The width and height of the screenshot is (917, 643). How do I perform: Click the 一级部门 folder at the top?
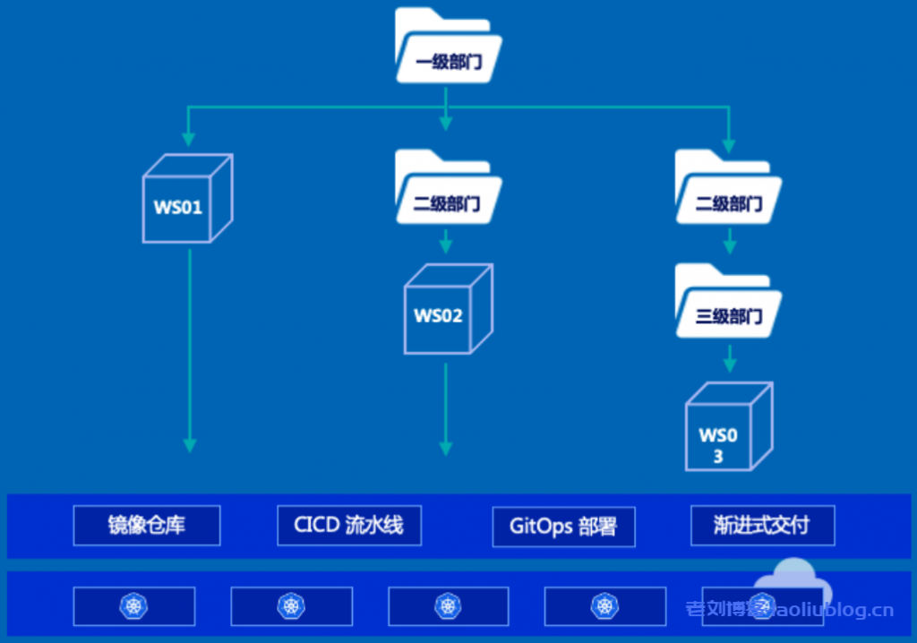coord(449,48)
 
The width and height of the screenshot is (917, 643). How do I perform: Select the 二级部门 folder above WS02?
coord(447,190)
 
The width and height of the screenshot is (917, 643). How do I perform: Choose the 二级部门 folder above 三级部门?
coord(728,190)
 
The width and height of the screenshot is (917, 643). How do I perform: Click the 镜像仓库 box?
coord(147,526)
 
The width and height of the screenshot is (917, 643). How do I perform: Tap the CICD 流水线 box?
coord(348,526)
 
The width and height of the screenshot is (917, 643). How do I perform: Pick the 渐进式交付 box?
coord(762,526)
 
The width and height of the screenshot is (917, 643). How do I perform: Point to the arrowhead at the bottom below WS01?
coord(189,444)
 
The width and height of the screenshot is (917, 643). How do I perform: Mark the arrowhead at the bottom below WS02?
coord(445,448)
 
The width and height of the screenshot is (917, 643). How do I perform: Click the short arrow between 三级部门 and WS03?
coord(729,359)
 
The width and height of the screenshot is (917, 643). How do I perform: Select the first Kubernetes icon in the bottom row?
coord(133,606)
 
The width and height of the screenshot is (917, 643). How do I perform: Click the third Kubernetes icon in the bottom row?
coord(448,606)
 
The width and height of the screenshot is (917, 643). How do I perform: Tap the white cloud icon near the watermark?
coord(792,582)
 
